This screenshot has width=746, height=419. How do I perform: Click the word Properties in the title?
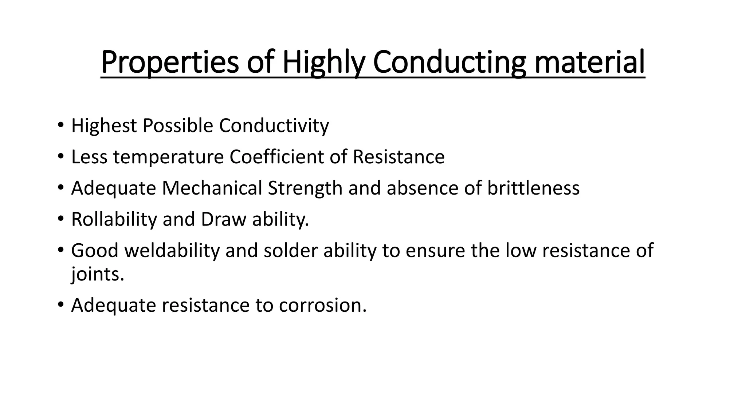[x=169, y=62]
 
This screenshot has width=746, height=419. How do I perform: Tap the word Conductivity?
[x=274, y=126]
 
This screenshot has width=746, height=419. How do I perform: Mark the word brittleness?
[x=533, y=188]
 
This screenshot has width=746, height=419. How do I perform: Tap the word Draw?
[x=223, y=219]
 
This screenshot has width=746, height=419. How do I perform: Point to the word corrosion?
[x=322, y=305]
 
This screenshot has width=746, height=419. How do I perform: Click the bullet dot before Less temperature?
[x=60, y=157]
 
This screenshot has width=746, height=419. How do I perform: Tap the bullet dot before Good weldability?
[x=60, y=251]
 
